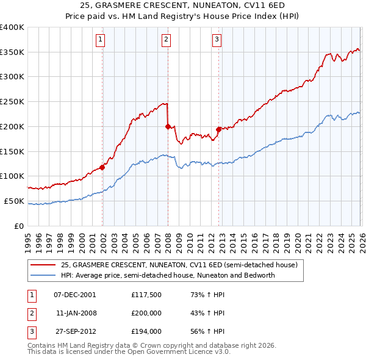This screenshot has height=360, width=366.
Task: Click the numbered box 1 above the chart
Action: click(101, 40)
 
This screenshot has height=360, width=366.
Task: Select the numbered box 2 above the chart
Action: click(166, 40)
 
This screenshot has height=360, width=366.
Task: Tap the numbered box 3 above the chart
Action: click(217, 40)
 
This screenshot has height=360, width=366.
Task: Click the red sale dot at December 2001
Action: click(102, 168)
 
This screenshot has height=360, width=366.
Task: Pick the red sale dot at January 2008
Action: click(168, 126)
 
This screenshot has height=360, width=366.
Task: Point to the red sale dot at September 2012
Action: click(218, 129)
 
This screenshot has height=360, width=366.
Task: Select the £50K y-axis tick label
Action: click(15, 201)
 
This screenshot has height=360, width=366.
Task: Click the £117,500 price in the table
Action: click(146, 295)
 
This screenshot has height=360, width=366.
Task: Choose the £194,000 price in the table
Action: click(146, 331)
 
